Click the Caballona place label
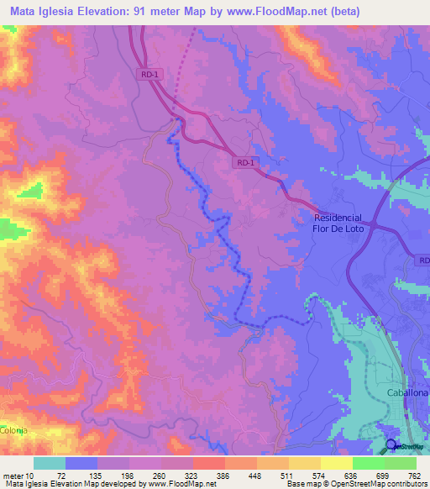[x=407, y=393]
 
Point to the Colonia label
[x=13, y=430]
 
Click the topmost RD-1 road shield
[x=149, y=75]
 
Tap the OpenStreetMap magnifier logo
[x=392, y=446]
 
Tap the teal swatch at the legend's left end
[x=50, y=463]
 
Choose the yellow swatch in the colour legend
[x=336, y=463]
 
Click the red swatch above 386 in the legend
[x=208, y=463]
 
